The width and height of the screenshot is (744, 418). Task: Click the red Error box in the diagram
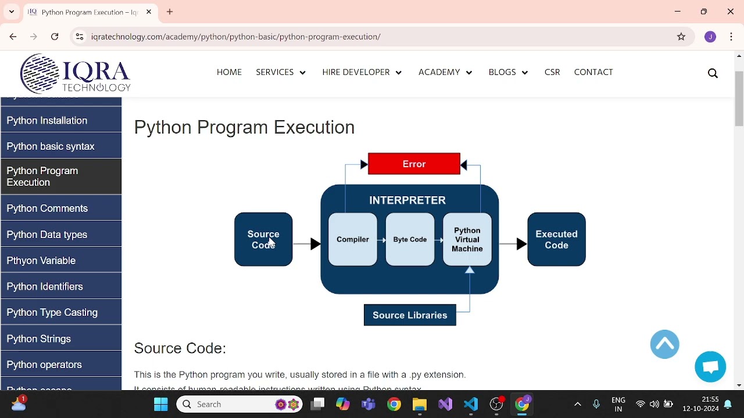(414, 164)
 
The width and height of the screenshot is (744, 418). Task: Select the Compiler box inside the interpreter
(353, 239)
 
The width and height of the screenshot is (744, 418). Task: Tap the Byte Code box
(410, 239)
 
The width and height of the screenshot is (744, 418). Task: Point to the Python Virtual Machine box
(467, 239)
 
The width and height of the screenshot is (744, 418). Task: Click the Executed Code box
(556, 239)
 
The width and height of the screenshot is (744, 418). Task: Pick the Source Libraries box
(410, 315)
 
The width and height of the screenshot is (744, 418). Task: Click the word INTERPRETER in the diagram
(407, 200)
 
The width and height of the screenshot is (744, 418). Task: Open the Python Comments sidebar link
(48, 208)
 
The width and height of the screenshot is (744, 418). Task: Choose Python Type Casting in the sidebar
(52, 312)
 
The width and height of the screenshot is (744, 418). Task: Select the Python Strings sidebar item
(39, 339)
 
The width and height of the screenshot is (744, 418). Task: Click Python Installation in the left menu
(47, 121)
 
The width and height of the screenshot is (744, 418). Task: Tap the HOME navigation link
(229, 73)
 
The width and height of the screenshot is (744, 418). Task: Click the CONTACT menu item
(593, 73)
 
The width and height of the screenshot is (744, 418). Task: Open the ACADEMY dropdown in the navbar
(445, 73)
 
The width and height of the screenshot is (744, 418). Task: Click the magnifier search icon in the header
(713, 73)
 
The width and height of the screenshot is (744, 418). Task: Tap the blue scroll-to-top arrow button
(665, 344)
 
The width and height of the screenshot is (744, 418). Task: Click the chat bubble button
(710, 367)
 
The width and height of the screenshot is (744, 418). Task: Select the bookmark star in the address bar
(682, 37)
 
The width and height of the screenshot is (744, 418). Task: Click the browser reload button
(55, 37)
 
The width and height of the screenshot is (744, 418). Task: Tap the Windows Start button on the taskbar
(161, 404)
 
